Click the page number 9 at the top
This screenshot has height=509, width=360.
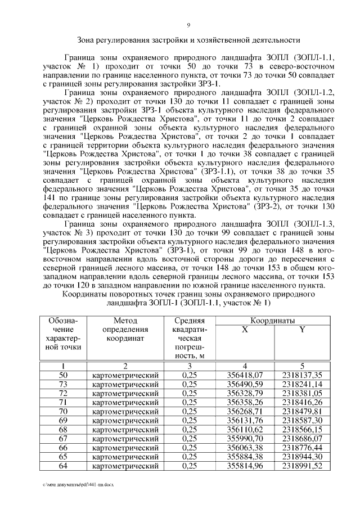tap(188, 24)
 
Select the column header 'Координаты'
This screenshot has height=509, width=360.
tap(273, 320)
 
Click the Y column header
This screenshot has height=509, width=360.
tap(302, 329)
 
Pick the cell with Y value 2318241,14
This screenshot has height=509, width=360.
tap(302, 384)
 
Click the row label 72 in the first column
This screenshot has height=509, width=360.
tap(63, 393)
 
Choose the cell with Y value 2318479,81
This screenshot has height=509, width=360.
tap(302, 411)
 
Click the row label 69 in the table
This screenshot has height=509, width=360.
tap(63, 420)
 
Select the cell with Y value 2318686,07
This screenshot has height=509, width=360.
tap(302, 438)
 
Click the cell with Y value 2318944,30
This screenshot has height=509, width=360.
tap(302, 456)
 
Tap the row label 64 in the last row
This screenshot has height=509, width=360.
tap(63, 465)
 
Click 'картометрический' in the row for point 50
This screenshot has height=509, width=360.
tap(125, 375)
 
